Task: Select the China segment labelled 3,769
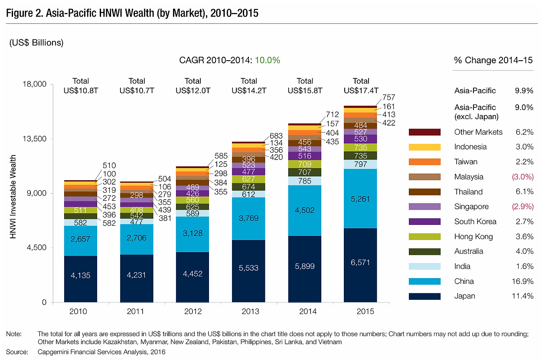(248, 219)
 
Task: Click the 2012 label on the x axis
(193, 311)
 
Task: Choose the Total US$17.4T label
(361, 86)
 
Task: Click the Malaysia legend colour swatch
(424, 177)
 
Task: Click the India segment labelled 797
(360, 164)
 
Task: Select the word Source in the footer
(16, 352)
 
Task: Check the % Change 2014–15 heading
(493, 60)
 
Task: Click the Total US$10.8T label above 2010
(81, 86)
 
